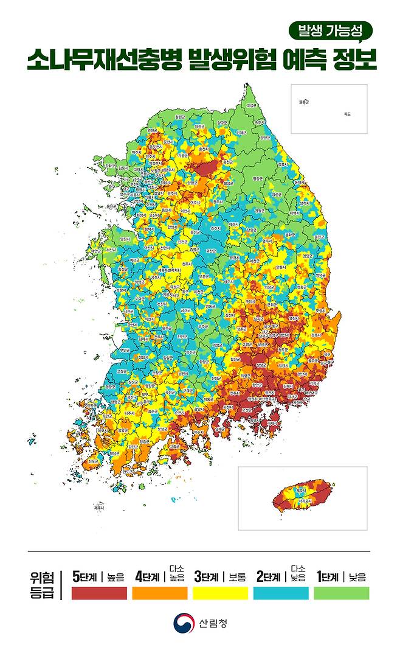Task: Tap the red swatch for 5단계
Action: (x=99, y=593)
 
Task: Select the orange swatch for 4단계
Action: (x=159, y=593)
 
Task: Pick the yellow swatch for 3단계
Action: (x=220, y=593)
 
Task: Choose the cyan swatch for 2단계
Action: (x=281, y=593)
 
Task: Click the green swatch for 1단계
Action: (x=341, y=593)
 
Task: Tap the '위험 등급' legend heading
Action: (x=43, y=585)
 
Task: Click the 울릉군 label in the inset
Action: (x=304, y=102)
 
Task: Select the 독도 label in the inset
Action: (x=347, y=114)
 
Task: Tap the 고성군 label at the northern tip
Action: (x=251, y=105)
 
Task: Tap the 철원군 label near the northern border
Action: (x=179, y=117)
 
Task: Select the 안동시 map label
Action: (x=280, y=267)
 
